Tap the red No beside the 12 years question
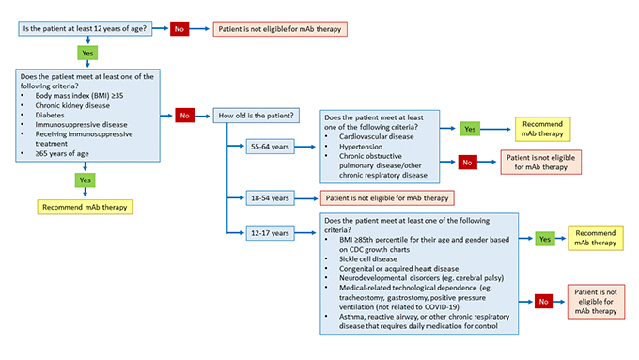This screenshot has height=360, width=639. point(178,29)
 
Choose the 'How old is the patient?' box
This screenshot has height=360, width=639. point(257,115)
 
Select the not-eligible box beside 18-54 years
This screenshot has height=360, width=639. point(387,197)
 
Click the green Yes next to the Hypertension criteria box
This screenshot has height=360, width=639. point(471,127)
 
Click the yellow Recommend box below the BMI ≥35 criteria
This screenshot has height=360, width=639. point(85,206)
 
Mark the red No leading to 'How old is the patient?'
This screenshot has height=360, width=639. point(184,115)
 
